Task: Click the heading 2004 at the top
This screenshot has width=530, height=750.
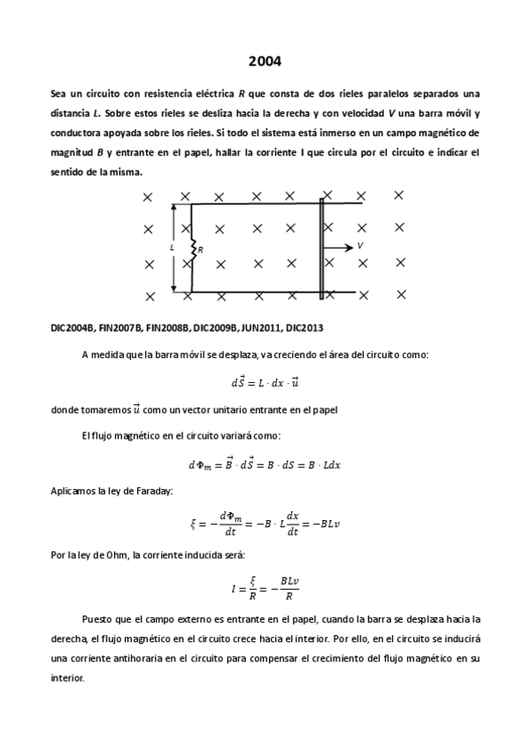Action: [x=265, y=61]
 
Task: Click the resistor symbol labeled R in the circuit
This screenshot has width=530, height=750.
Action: [x=193, y=249]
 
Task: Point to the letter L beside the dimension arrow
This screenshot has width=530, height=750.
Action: [x=172, y=248]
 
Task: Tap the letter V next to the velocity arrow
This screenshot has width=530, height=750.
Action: [x=360, y=245]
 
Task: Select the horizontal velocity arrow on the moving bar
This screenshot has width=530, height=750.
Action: [x=339, y=248]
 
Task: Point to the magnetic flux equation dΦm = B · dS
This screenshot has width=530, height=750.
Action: [x=265, y=464]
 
